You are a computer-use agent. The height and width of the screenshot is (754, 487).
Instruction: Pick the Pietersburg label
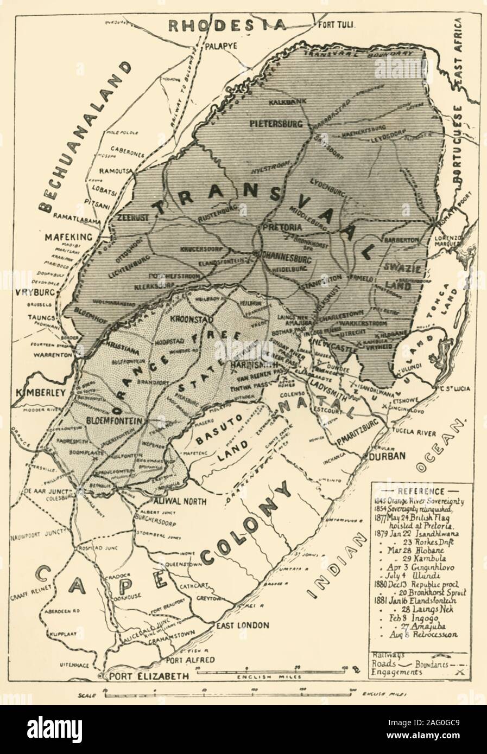[x=275, y=124]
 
